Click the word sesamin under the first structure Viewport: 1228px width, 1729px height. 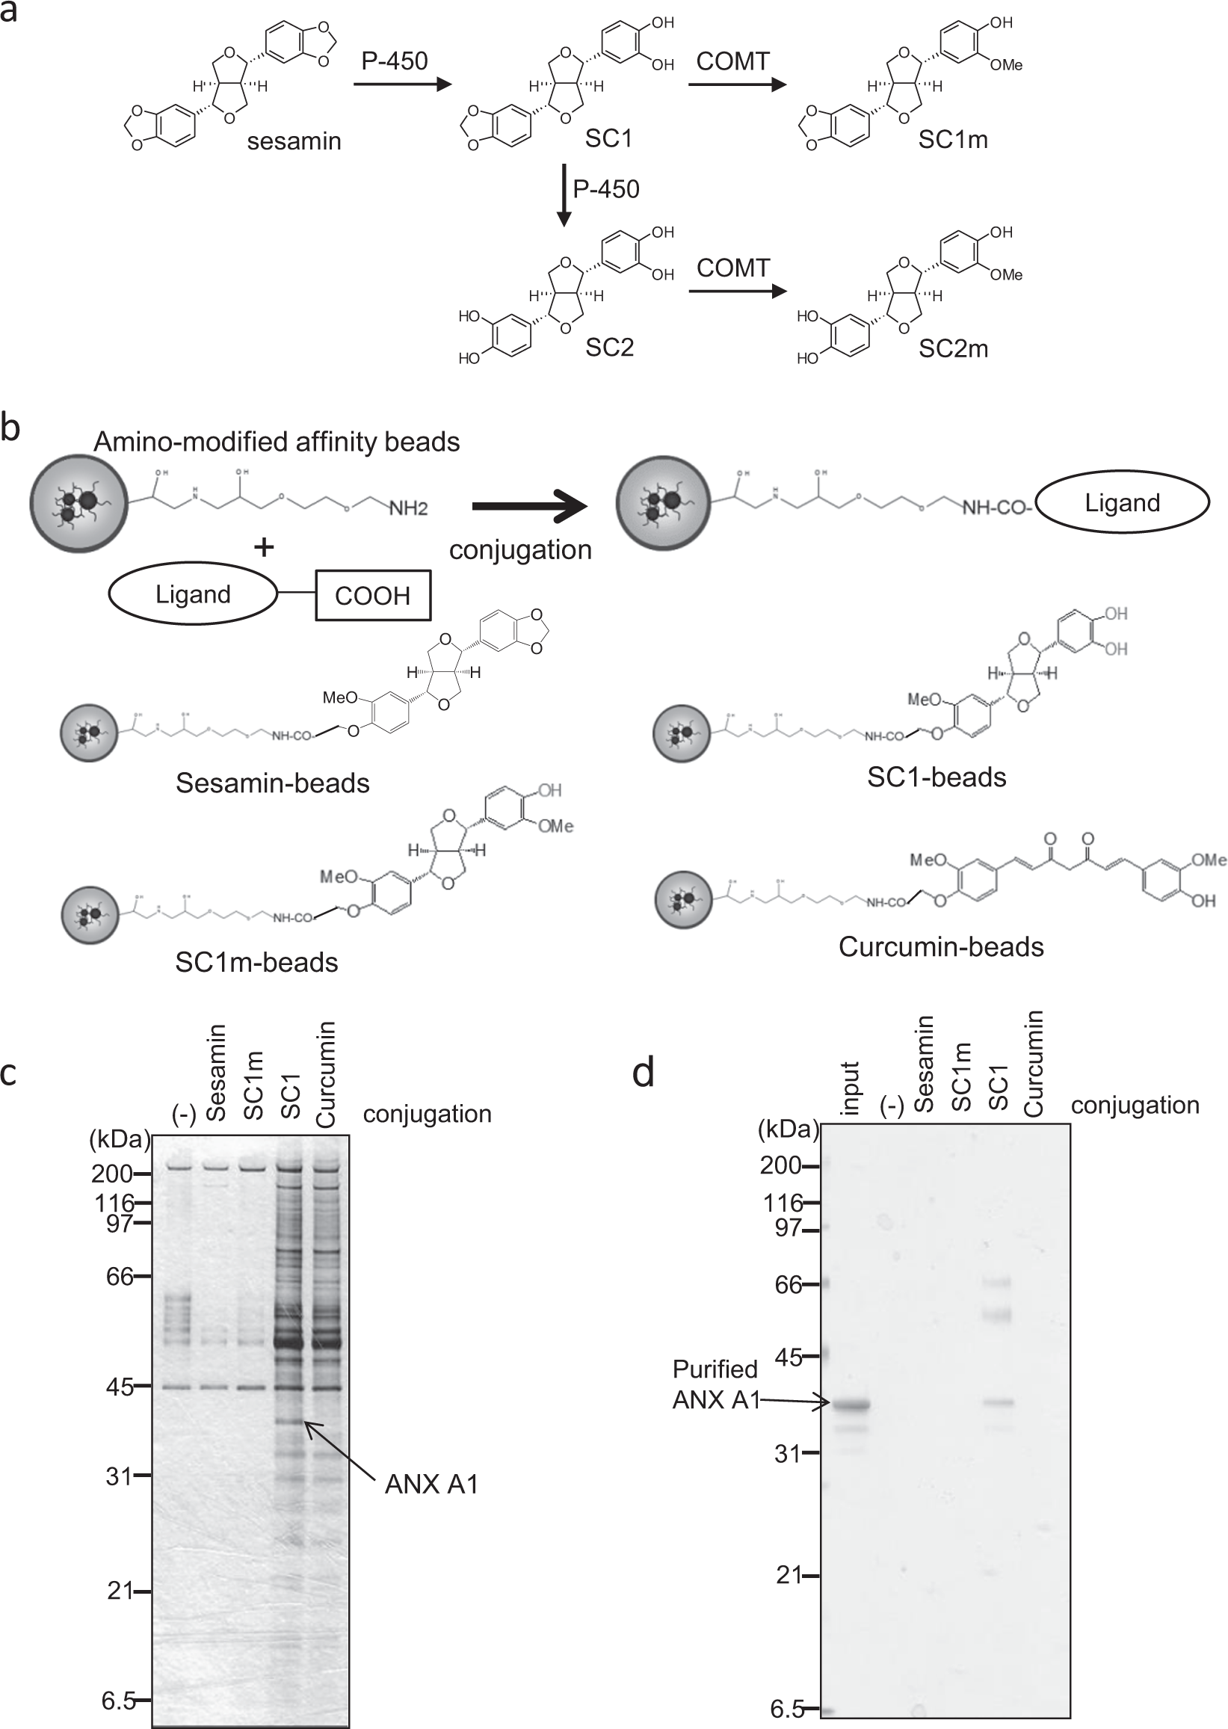pos(294,141)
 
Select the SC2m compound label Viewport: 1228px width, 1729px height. pos(953,348)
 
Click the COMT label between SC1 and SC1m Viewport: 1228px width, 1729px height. pos(732,61)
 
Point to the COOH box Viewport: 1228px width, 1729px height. pos(372,595)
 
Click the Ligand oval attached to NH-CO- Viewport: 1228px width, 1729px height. pos(1121,503)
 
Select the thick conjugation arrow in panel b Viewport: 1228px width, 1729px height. pos(528,506)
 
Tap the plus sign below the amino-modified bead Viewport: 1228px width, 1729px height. pos(264,547)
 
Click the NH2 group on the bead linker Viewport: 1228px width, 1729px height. pos(408,508)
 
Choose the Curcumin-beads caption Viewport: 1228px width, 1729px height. pos(941,947)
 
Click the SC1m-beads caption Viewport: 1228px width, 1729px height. pos(256,962)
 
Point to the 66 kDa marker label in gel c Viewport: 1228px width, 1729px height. pos(120,1278)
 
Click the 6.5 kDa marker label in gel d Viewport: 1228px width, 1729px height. pos(786,1709)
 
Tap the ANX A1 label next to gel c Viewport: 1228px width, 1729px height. pos(431,1485)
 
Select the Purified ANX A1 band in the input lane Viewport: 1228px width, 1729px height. pos(851,1405)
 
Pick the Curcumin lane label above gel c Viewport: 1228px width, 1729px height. pos(325,1074)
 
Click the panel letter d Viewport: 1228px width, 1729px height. pos(643,1073)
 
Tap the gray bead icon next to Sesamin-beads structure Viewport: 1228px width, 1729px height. pos(89,733)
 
